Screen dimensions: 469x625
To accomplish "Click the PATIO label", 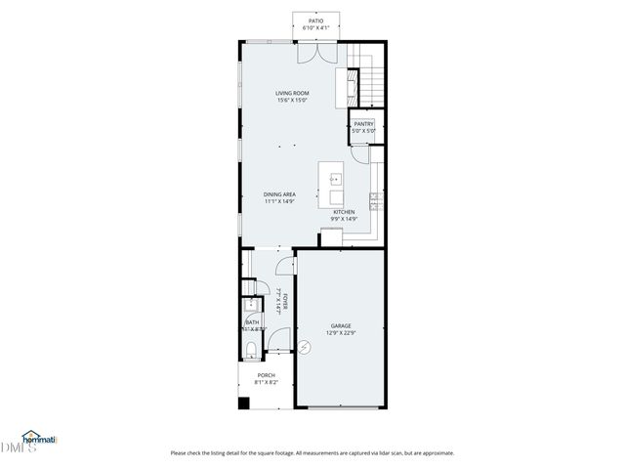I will pos(315,20).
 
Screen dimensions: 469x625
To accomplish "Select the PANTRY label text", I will pos(363,124).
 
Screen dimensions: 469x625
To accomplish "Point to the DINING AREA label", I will pos(279,194).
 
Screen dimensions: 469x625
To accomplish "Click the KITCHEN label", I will pos(344,212).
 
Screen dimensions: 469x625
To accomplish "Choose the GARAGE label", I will pos(340,325).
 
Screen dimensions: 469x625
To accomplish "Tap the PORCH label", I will pos(266,375).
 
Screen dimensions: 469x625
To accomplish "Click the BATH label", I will pos(252,321).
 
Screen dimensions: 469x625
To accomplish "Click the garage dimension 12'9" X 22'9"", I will pos(340,333).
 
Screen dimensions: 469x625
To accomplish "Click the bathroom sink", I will pos(248,304).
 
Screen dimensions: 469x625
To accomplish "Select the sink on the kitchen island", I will pos(334,180).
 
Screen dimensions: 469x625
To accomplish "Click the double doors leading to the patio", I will pos(315,52).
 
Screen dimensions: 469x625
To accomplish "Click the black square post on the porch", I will pos(243,402).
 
